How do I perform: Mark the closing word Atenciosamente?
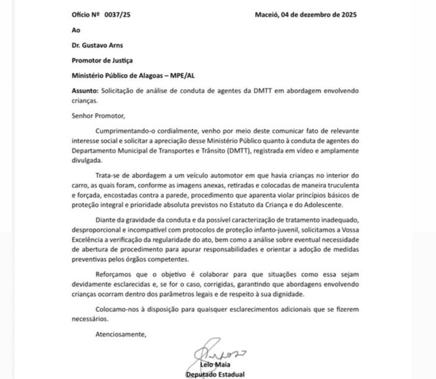[120, 335]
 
